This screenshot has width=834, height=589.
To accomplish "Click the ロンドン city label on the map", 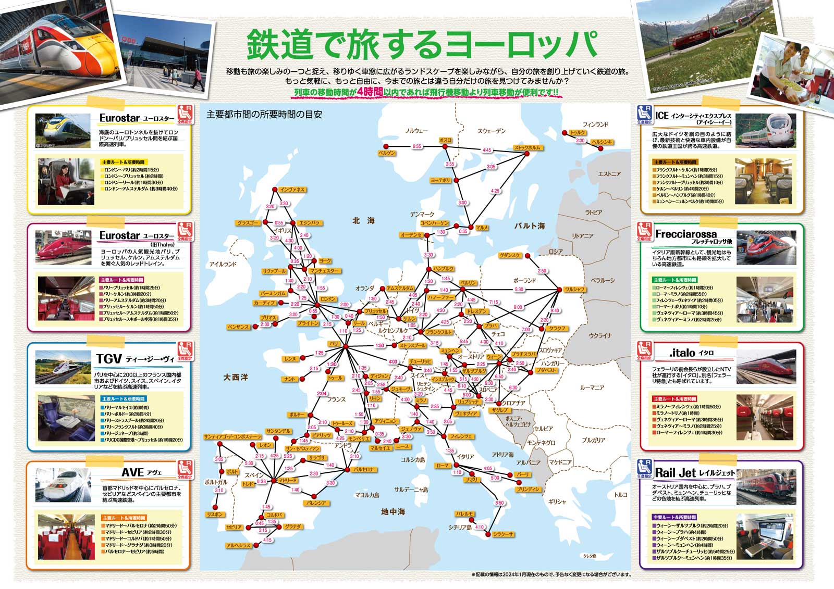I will coord(328,299).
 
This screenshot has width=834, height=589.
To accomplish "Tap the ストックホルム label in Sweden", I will coord(527,148).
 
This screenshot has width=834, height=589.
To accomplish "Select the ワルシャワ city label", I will coord(573,290).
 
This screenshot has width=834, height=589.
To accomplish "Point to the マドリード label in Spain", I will coord(287,480).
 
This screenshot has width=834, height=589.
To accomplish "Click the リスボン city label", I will coord(215,514).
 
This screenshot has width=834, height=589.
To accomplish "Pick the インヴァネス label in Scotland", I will coord(292,190).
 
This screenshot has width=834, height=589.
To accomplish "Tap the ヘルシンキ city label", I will coord(602,142).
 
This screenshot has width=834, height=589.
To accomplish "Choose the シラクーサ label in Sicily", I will coord(503,534).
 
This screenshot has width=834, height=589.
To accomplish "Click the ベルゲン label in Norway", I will coord(387,153).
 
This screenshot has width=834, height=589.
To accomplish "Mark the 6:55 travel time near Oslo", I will coord(416,147).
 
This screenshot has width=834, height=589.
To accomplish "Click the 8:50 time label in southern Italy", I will coord(499,503).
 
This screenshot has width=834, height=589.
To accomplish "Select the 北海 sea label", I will coord(363,221).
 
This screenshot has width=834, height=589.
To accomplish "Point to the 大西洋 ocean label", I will coord(236,377).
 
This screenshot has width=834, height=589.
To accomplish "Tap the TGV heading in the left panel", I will coord(109,359).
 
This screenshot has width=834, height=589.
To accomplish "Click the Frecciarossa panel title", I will coord(685,234).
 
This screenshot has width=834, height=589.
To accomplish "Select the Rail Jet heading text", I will coord(675,473).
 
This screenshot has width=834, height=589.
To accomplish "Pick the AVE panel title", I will coord(132,472).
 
